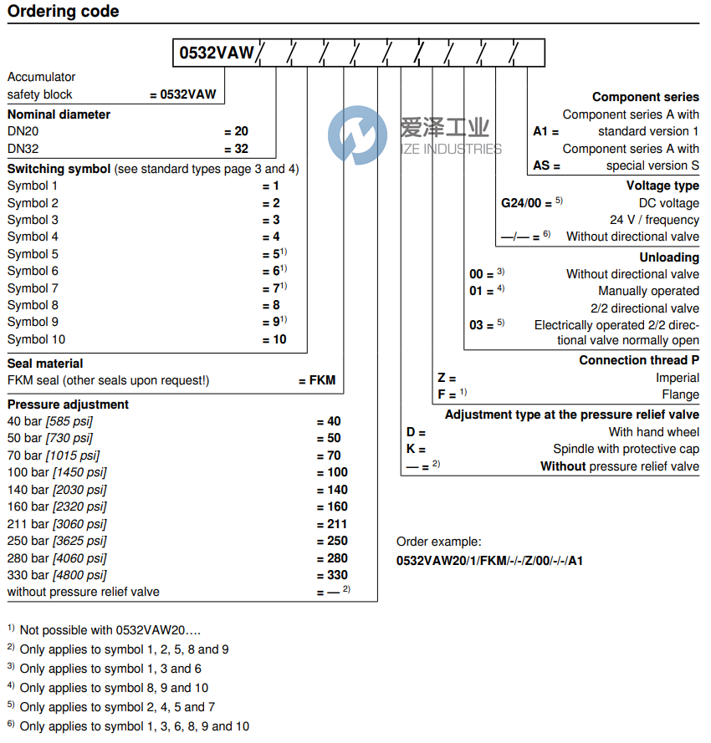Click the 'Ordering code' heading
pyautogui.click(x=64, y=12)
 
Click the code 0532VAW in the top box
pyautogui.click(x=217, y=53)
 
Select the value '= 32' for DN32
pyautogui.click(x=237, y=149)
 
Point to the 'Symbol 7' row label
pyautogui.click(x=33, y=288)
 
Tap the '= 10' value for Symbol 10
pyautogui.click(x=274, y=339)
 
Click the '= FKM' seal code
pyautogui.click(x=317, y=380)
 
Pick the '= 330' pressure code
pyautogui.click(x=332, y=575)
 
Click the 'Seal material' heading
pyautogui.click(x=45, y=364)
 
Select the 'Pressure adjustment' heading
pyautogui.click(x=69, y=405)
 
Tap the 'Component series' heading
pyautogui.click(x=645, y=98)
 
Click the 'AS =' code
pyautogui.click(x=546, y=165)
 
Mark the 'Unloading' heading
pyautogui.click(x=669, y=257)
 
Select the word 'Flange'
pyautogui.click(x=680, y=394)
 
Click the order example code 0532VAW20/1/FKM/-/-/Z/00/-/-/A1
pyautogui.click(x=489, y=560)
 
